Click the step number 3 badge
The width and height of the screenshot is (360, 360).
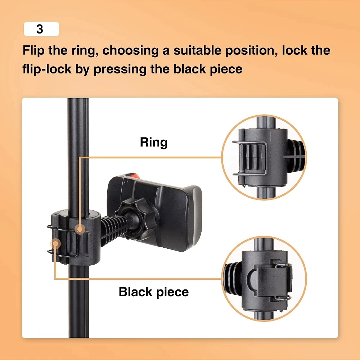tap(41, 29)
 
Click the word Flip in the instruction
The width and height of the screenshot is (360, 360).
tap(33, 51)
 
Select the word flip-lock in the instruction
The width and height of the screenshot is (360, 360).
tap(47, 69)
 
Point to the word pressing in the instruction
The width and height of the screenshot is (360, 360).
tap(120, 69)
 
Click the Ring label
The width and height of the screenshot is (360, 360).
tap(154, 142)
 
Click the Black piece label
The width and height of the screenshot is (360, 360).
tap(154, 292)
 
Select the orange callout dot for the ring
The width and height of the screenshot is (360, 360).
tap(80, 229)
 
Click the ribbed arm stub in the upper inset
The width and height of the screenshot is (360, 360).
tap(296, 156)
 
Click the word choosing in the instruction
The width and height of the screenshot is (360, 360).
tap(130, 51)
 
